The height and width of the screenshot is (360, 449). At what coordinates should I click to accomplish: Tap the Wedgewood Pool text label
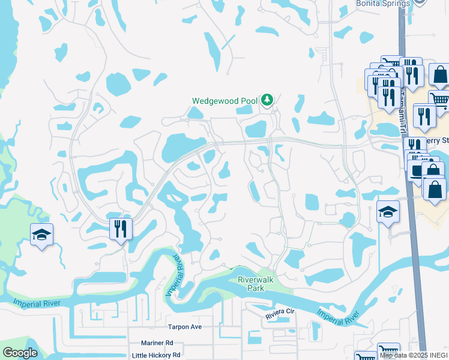224,101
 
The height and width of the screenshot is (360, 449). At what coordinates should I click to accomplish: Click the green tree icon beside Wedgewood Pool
267,100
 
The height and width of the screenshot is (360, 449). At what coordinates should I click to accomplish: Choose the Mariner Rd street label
157,343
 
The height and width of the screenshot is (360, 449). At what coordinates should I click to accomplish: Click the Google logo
20,353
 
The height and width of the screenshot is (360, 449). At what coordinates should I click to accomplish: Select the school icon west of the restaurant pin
41,235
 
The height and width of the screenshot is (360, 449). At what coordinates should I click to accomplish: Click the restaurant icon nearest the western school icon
121,229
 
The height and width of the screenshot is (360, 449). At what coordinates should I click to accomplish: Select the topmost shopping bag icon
439,75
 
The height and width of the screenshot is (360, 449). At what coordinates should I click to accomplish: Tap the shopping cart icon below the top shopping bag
439,101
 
